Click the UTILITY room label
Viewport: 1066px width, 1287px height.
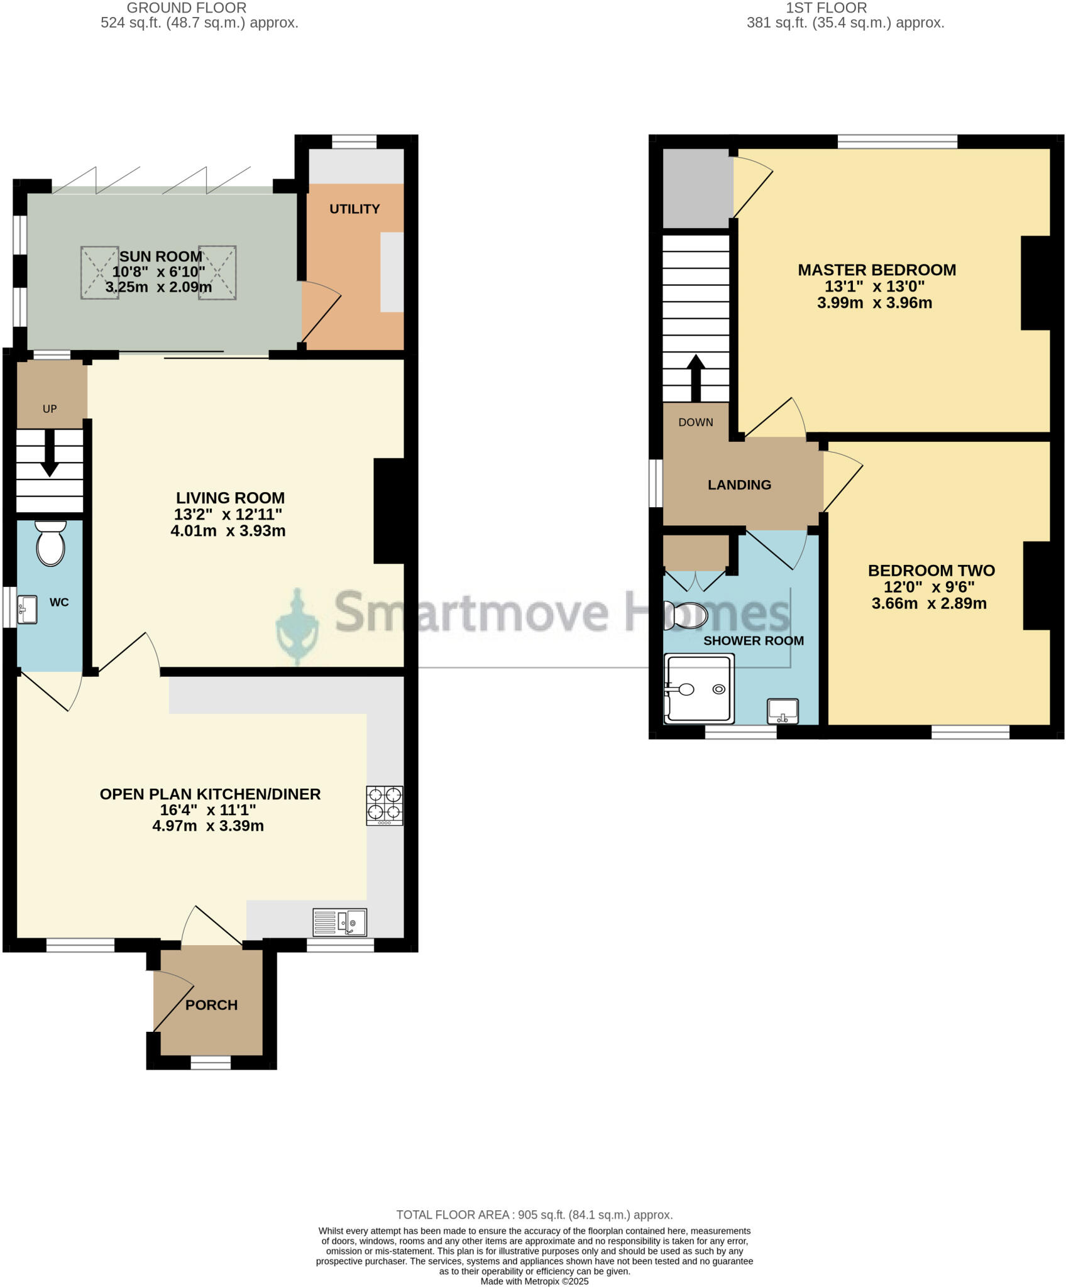pyautogui.click(x=354, y=209)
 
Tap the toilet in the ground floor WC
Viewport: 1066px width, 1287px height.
pyautogui.click(x=51, y=544)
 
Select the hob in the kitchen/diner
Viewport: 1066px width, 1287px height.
pyautogui.click(x=385, y=805)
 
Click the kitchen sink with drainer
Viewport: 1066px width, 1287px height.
pyautogui.click(x=340, y=923)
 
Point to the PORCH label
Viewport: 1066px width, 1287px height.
pyautogui.click(x=211, y=1005)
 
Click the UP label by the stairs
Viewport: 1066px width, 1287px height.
pyautogui.click(x=50, y=409)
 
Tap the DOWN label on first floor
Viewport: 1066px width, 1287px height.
pyautogui.click(x=696, y=422)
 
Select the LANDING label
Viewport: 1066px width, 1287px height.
pyautogui.click(x=739, y=485)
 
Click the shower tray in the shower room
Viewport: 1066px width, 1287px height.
pyautogui.click(x=699, y=689)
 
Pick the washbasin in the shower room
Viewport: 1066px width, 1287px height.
pyautogui.click(x=783, y=711)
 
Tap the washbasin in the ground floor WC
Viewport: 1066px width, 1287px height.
pyautogui.click(x=27, y=610)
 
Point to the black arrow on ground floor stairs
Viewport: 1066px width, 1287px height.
pyautogui.click(x=50, y=453)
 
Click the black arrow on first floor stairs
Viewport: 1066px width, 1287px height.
pyautogui.click(x=696, y=378)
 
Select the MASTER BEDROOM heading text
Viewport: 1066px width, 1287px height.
pyautogui.click(x=877, y=270)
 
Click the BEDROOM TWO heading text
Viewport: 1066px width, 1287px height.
pyautogui.click(x=931, y=571)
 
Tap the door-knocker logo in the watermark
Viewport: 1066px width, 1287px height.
pyautogui.click(x=298, y=627)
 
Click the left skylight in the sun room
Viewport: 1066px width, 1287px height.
pyautogui.click(x=99, y=273)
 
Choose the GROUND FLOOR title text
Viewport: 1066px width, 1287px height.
pyautogui.click(x=187, y=8)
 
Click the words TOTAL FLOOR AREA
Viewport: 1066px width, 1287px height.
pyautogui.click(x=452, y=1215)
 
